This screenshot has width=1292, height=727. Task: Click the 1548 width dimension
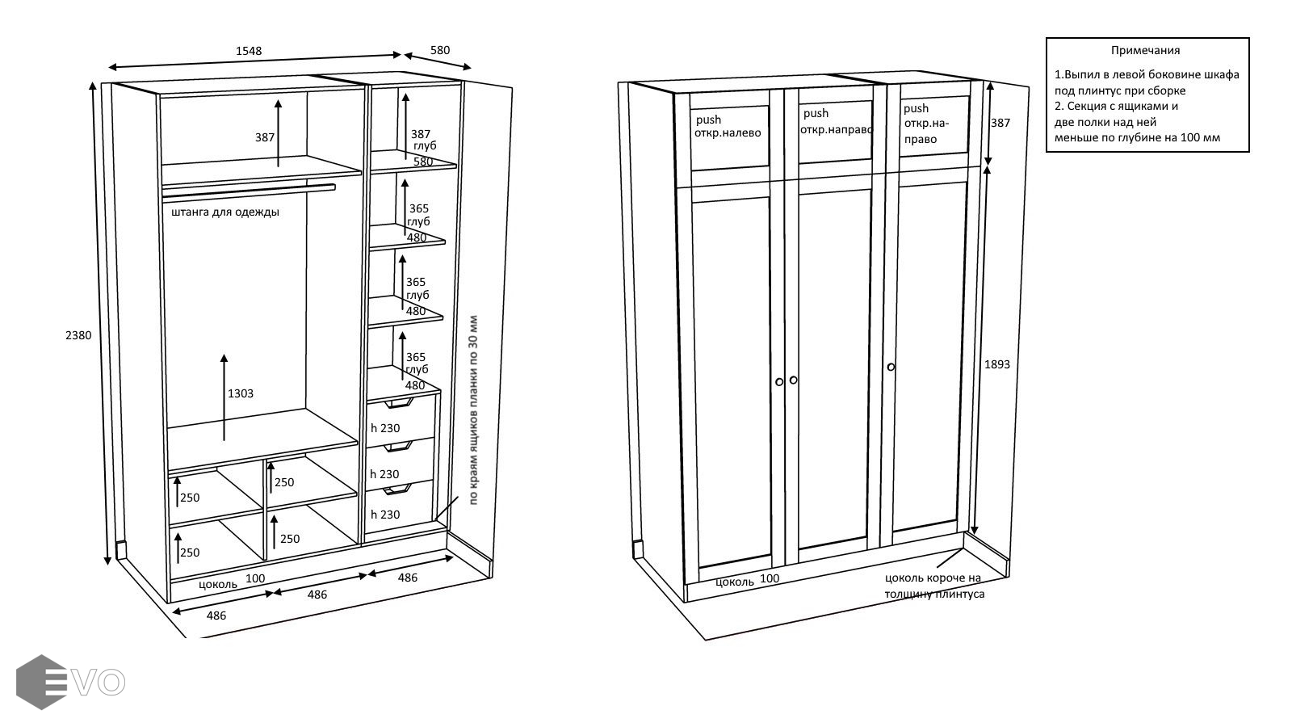249,51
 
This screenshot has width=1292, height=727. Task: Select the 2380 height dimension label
78,335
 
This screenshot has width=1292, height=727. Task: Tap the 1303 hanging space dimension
241,393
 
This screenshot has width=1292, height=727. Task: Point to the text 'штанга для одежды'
225,212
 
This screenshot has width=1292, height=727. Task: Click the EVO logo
70,682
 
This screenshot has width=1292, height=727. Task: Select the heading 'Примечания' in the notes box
1145,50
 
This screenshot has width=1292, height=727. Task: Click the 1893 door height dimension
997,364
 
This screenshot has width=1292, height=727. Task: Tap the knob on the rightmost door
891,367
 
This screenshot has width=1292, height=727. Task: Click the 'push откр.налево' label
728,127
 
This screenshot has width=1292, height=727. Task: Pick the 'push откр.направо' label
837,121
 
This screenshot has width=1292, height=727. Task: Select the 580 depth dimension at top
440,50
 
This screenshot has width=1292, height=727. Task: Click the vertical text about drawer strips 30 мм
474,410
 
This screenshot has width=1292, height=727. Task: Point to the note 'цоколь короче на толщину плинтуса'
934,586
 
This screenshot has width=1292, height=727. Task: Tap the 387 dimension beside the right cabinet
1000,123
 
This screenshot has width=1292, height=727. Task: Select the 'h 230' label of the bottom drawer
385,515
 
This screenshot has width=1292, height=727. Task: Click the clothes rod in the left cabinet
249,190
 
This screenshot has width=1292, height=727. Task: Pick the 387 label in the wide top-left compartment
265,137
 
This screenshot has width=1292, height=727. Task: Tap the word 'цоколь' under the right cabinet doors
735,581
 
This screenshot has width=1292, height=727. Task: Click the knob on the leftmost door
779,381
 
